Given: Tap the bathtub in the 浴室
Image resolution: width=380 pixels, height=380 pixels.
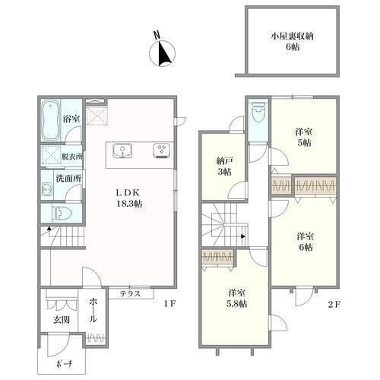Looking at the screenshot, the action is click(51, 120).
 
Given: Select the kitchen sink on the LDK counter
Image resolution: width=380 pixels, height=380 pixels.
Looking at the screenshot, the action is click(122, 150).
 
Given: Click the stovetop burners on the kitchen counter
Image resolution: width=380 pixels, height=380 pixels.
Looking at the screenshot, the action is click(162, 150).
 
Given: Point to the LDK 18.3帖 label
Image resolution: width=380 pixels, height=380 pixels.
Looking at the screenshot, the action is click(128, 198).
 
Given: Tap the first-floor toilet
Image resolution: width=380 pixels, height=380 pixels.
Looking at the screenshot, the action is click(62, 213).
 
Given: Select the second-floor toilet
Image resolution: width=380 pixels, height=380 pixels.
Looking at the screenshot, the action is click(258, 112).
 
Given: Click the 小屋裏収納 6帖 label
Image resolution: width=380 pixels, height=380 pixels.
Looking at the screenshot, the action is click(293, 41).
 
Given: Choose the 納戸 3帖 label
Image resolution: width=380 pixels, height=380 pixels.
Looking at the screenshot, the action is click(224, 166).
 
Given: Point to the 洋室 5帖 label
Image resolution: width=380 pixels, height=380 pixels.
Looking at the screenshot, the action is click(303, 137).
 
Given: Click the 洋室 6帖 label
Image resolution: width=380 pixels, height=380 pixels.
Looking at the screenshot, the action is click(305, 242).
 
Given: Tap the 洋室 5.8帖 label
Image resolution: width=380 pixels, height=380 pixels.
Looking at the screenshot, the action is click(237, 298).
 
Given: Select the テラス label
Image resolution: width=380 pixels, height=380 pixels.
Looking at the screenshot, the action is click(130, 293).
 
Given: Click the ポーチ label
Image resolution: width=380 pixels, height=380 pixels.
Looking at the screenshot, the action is click(64, 365).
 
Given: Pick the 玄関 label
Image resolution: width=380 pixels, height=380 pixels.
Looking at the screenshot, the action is click(62, 320).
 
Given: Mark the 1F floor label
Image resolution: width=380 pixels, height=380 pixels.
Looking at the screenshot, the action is click(169, 304).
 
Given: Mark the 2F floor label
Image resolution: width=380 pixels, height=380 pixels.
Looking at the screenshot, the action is click(334, 304).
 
